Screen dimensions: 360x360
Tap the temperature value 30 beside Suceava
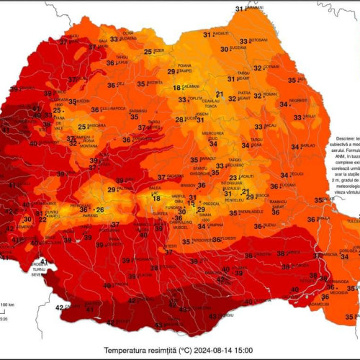[x=226, y=48]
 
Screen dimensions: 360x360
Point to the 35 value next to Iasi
[x=292, y=80]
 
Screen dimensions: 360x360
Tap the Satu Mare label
[x=73, y=36]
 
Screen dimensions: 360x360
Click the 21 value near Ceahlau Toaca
[x=220, y=94]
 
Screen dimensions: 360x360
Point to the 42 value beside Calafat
[x=59, y=307]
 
